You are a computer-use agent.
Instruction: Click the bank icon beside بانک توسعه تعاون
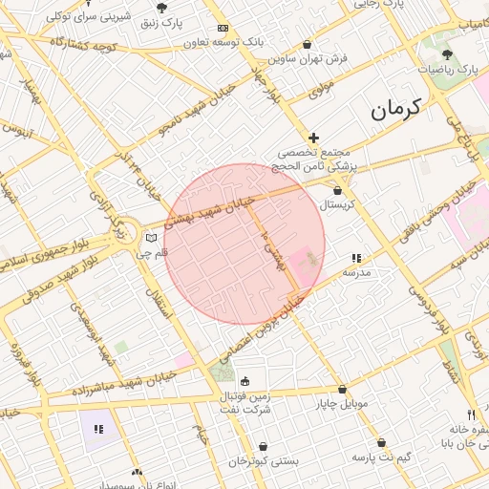223,28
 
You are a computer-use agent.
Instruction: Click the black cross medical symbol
313,138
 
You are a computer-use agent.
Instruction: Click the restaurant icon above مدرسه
356,258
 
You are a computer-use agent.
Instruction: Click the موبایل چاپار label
342,403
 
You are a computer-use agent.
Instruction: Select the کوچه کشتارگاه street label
85,46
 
